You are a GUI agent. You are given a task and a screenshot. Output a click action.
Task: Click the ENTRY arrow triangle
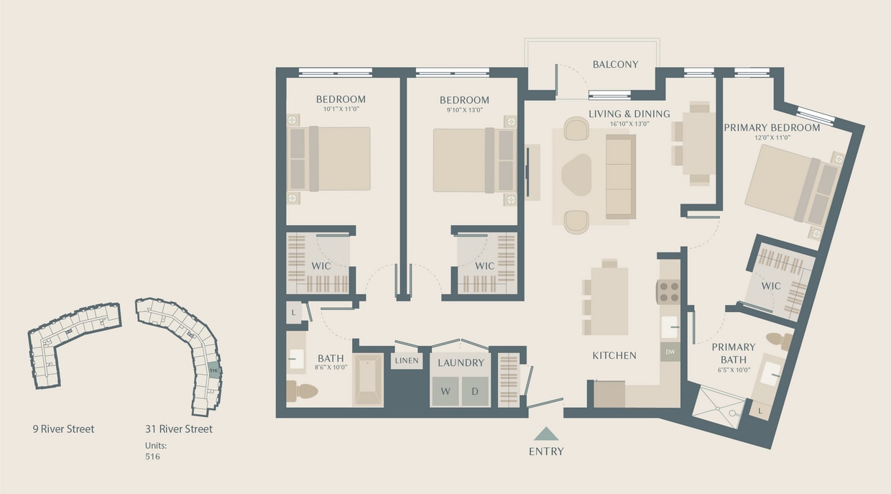[x=546, y=434]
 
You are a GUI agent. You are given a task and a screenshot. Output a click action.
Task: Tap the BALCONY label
[x=615, y=65]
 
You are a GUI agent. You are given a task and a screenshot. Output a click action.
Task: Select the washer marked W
[x=445, y=391]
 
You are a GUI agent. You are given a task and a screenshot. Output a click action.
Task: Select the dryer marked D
[x=475, y=391]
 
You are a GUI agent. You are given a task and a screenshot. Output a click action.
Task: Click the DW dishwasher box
[x=670, y=352]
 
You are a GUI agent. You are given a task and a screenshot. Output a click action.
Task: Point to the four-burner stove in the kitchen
[x=669, y=291]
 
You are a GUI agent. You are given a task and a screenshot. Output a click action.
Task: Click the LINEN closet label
[x=407, y=360]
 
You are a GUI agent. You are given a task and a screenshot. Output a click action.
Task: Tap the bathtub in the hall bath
[x=368, y=380]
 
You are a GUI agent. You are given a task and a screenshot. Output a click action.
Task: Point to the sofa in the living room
[x=620, y=177]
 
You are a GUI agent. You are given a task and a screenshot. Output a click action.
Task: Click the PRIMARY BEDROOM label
[x=772, y=128]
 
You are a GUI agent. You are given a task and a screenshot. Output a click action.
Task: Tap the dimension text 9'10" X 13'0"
[x=464, y=110]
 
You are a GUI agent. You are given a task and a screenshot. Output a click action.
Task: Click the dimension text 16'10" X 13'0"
[x=629, y=124]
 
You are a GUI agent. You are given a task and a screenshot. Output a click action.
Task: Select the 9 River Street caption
[x=63, y=429]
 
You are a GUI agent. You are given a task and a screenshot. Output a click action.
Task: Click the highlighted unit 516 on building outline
[x=213, y=370]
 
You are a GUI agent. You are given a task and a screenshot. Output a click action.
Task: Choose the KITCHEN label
[x=614, y=355]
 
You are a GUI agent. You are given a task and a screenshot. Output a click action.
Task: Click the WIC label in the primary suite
[x=770, y=286]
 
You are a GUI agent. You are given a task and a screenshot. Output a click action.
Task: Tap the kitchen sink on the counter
[x=670, y=326]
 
